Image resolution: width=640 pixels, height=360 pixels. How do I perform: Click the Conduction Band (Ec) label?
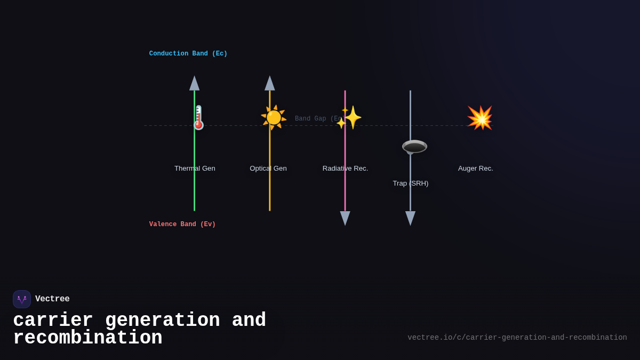(188, 54)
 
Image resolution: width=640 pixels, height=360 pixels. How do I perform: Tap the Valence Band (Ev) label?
(182, 225)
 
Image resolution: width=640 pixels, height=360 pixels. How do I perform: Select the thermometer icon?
(198, 117)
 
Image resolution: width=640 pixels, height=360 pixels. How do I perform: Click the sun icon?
(274, 117)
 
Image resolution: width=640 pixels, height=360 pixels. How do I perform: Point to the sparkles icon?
(349, 117)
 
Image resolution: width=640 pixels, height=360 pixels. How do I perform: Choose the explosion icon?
(479, 118)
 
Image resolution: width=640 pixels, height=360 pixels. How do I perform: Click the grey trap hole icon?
(414, 147)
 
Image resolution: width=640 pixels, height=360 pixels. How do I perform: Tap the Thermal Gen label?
(195, 169)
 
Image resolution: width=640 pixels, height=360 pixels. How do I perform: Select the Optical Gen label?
(268, 169)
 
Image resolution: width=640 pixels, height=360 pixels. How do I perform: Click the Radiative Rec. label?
(345, 169)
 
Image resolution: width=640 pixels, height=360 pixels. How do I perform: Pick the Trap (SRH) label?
(411, 183)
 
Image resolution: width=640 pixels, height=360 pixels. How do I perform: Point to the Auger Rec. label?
(476, 169)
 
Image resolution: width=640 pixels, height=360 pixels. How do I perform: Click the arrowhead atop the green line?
(195, 83)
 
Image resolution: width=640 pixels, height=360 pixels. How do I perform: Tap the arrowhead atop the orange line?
(270, 83)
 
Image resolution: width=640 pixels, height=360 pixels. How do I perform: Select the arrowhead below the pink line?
(345, 218)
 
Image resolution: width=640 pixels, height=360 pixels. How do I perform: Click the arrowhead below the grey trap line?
(410, 218)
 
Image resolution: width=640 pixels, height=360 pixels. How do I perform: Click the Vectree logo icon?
(22, 299)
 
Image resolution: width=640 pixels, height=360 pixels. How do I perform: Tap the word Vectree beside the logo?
(52, 299)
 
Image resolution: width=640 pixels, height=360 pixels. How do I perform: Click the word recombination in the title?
(87, 338)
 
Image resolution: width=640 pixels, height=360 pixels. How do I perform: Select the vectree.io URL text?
(517, 338)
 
